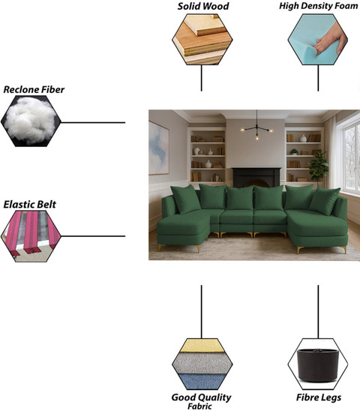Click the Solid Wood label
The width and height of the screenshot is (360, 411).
(x=203, y=6)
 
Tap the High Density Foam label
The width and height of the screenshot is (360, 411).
(x=318, y=6)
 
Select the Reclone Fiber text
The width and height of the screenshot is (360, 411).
(x=34, y=90)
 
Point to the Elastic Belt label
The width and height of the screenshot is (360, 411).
(x=30, y=205)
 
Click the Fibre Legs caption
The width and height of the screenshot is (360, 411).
(x=319, y=397)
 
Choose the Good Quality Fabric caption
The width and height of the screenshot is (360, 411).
(x=201, y=401)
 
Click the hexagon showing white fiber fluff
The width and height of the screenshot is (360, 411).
(x=31, y=121)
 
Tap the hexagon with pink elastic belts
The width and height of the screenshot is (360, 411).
(x=31, y=236)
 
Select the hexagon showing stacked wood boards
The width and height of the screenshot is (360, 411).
(x=202, y=39)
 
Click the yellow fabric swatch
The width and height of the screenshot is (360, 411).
(x=202, y=346)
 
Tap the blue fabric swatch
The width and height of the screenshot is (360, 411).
(x=202, y=381)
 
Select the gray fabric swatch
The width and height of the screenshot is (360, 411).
(x=202, y=363)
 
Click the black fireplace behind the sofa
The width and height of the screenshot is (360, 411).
(x=256, y=178)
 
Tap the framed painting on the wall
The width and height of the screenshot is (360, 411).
(x=159, y=148)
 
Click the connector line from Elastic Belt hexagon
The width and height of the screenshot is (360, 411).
(x=93, y=236)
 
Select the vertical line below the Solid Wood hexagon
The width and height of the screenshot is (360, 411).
(x=201, y=78)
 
